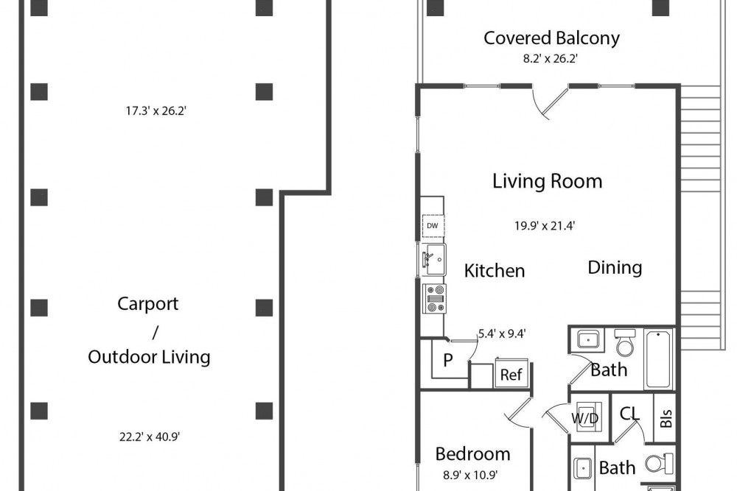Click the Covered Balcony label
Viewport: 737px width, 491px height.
[551, 38]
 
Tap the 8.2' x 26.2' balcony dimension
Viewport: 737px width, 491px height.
[550, 59]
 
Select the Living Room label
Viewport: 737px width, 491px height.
[547, 181]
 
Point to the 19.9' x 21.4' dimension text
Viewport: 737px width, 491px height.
[545, 226]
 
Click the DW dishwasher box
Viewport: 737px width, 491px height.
[433, 226]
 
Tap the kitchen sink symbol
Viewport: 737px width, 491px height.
[433, 260]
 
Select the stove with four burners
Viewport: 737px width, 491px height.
[434, 299]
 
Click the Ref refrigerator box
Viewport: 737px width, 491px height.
[511, 374]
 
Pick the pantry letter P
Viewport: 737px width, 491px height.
[448, 360]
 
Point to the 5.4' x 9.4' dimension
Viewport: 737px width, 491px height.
[501, 333]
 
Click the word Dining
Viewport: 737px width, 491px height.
[615, 267]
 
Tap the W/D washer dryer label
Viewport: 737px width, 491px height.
[584, 418]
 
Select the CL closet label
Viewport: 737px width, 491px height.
[629, 414]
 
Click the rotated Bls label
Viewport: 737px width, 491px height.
[666, 418]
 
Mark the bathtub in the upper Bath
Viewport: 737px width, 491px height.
[658, 359]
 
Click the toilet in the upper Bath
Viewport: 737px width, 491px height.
[625, 342]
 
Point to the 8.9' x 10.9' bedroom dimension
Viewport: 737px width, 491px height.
[470, 475]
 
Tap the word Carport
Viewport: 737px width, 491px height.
[147, 304]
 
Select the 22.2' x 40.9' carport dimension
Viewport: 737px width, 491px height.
[150, 437]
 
